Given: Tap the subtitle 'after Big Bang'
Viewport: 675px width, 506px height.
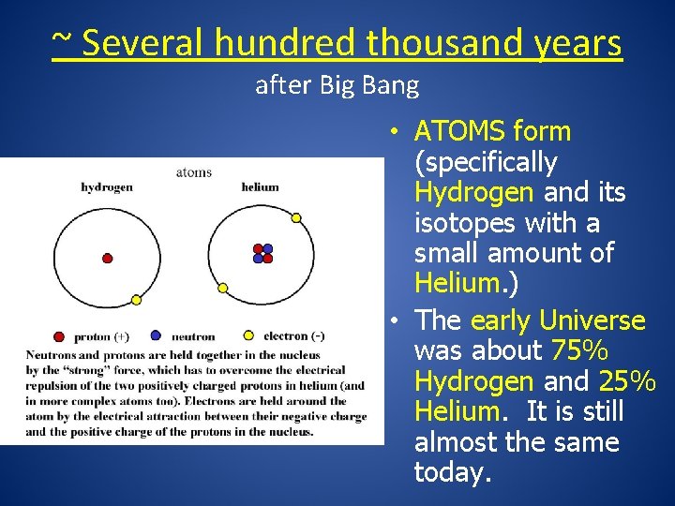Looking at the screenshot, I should click(337, 86).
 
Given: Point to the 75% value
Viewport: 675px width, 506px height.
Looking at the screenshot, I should click(579, 351).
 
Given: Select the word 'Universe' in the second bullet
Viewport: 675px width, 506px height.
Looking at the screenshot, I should click(601, 320).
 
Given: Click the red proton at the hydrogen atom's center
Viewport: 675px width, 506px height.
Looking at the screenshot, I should click(107, 258).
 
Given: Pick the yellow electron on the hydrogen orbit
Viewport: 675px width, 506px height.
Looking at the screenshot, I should click(136, 300).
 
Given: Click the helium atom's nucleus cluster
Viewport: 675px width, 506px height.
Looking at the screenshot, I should click(262, 254).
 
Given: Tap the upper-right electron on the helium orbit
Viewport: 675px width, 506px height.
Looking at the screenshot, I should click(296, 217).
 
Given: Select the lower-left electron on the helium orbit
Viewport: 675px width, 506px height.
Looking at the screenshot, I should click(223, 288).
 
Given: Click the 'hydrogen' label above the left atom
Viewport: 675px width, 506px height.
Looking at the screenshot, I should click(107, 186).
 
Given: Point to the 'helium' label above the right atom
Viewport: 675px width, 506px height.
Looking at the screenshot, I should click(260, 186).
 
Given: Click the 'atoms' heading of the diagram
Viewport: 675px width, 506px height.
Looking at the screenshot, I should click(194, 171).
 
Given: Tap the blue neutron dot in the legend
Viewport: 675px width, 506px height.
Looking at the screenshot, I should click(156, 335).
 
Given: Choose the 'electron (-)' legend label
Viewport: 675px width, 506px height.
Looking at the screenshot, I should click(294, 335).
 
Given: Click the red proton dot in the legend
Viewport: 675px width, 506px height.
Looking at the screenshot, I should click(59, 336).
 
